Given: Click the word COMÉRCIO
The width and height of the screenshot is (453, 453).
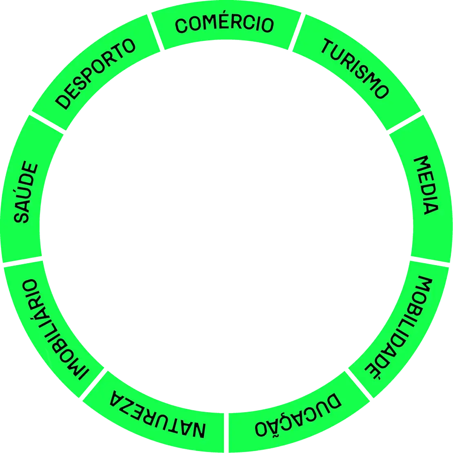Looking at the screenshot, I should coord(224,24).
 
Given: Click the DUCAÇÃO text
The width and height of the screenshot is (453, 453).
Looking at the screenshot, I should coord(298,414).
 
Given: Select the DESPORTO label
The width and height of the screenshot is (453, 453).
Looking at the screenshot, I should coord(95,74).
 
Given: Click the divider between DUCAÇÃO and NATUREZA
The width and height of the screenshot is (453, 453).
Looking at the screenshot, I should coord(226,433).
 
